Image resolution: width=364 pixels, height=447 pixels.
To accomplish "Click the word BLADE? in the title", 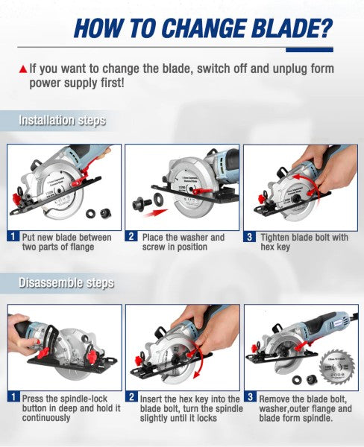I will (x=286, y=28).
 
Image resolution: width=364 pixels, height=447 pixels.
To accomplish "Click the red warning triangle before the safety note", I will (x=22, y=69).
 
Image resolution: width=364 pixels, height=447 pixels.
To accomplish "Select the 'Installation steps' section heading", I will (x=62, y=120).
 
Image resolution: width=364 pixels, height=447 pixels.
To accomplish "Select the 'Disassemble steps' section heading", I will (x=66, y=282).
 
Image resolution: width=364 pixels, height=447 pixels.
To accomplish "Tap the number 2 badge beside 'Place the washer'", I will (x=131, y=238).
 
